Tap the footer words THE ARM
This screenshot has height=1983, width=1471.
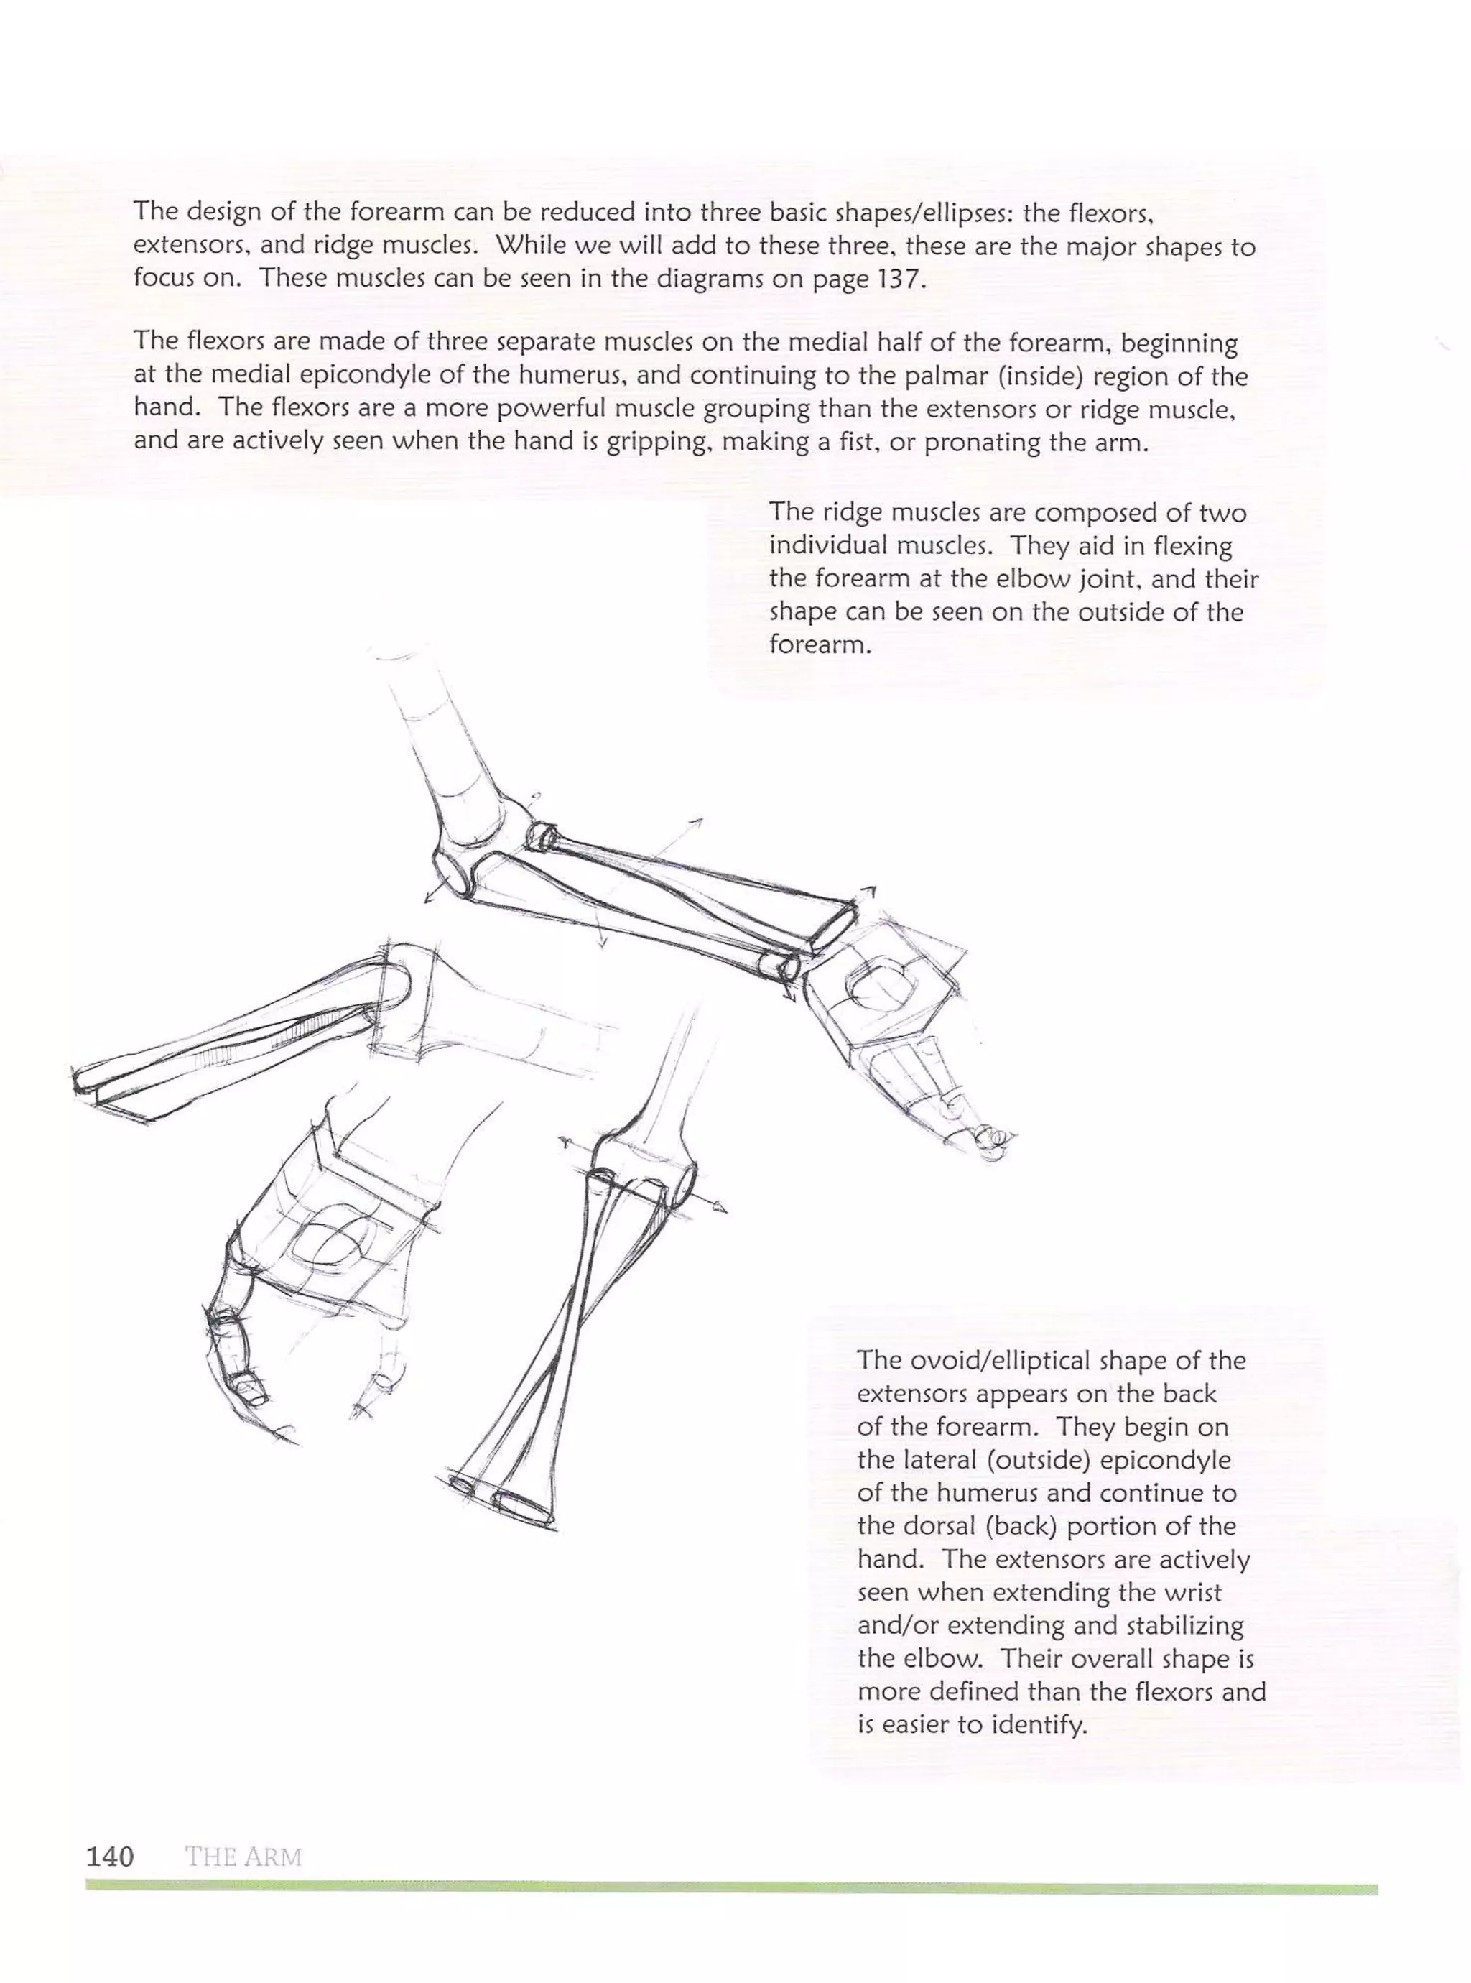coord(243,1857)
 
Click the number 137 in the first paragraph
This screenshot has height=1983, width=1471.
coord(893,279)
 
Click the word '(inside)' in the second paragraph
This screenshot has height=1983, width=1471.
coord(1039,376)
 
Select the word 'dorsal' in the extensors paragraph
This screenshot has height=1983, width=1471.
coord(935,1526)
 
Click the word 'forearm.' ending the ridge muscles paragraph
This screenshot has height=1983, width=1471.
coord(820,644)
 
